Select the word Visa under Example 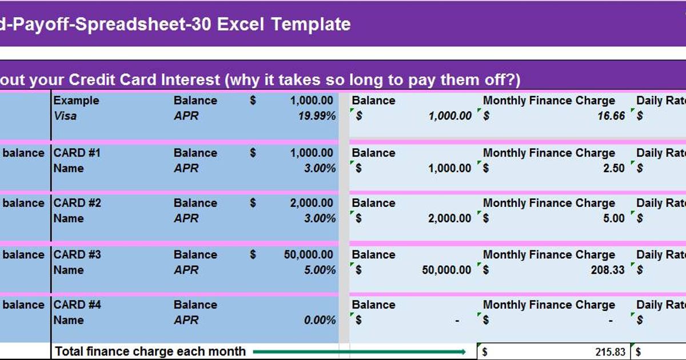65,116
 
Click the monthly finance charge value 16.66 611,116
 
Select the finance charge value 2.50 614,168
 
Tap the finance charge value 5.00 614,218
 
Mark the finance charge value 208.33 608,270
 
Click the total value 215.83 610,352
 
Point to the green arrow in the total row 360,351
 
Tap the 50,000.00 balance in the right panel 446,270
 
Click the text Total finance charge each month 150,351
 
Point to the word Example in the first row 76,101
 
